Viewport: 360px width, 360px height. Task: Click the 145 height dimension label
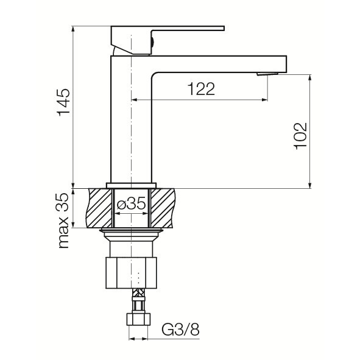[x=63, y=102]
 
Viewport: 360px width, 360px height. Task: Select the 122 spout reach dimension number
[x=202, y=89]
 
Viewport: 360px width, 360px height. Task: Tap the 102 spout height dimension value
[x=300, y=136]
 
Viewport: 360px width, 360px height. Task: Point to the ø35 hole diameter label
[x=131, y=203]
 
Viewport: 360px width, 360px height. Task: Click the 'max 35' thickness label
[x=63, y=221]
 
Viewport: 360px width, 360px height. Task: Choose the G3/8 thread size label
[x=180, y=330]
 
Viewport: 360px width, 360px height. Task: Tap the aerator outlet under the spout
[x=267, y=74]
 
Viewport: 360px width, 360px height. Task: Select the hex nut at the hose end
[x=138, y=319]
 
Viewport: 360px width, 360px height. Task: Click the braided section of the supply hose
[x=139, y=293]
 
